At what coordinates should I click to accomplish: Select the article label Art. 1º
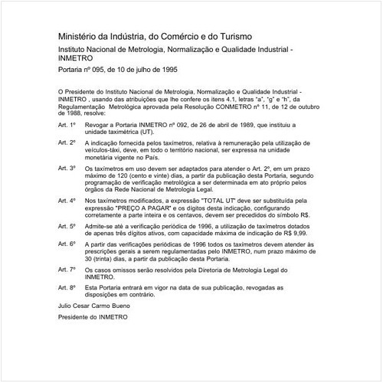pos(67,123)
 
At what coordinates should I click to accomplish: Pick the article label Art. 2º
pos(67,142)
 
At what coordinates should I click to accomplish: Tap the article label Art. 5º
pos(67,227)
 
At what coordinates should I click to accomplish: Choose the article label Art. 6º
pos(67,244)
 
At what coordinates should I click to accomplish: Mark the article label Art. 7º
pos(67,270)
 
